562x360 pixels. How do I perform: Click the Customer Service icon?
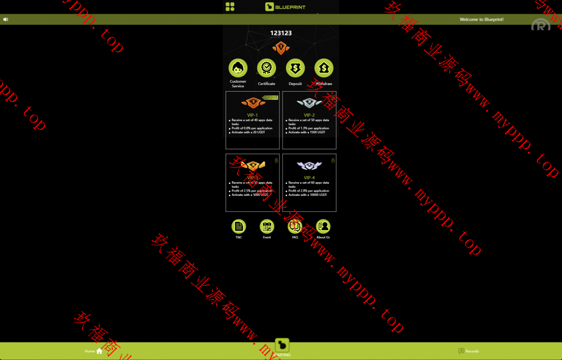(238, 68)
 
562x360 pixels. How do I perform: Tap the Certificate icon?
(266, 68)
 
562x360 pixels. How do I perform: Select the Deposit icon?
(295, 68)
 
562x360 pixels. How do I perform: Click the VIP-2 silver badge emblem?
(309, 103)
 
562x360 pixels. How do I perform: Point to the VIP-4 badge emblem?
(309, 165)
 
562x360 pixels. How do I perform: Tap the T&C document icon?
(239, 226)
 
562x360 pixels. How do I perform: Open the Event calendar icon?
(267, 226)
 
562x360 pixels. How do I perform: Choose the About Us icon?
(323, 226)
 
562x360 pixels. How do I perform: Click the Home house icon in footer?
(99, 351)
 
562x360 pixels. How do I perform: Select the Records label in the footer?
(472, 351)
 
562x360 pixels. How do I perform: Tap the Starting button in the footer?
(282, 347)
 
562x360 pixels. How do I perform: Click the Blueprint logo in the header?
(285, 7)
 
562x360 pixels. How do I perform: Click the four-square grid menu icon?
(230, 7)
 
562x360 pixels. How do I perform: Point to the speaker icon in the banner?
(5, 19)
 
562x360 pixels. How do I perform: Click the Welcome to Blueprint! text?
(481, 19)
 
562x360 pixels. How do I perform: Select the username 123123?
(281, 33)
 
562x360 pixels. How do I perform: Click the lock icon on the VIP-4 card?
(333, 160)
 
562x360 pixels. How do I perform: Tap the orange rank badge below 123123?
(281, 48)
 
